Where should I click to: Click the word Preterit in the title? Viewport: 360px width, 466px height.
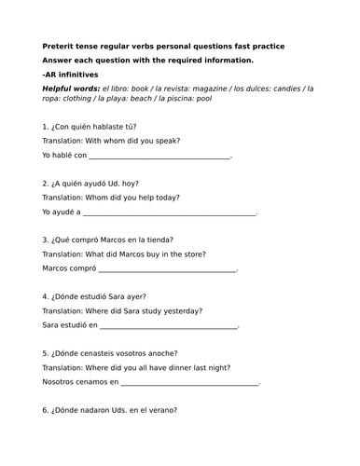[58, 46]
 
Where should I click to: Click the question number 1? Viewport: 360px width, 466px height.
[45, 127]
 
